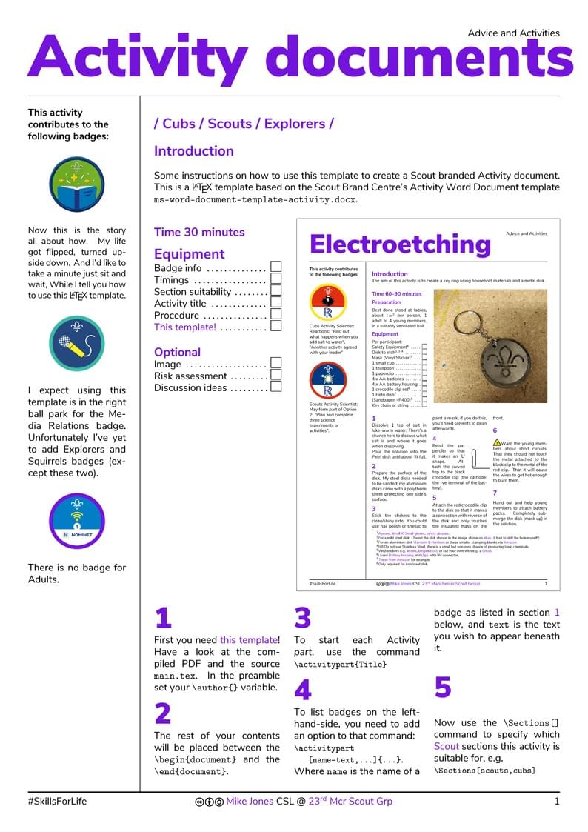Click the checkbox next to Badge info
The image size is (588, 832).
(275, 267)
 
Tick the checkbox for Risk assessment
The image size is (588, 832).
(275, 376)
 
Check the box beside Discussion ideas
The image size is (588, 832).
(275, 387)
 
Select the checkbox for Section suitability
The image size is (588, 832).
(275, 291)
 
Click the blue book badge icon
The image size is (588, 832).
(72, 184)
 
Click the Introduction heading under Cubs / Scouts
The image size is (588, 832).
(193, 151)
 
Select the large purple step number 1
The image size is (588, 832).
(163, 618)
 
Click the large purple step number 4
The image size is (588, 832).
(303, 690)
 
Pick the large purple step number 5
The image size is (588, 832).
(443, 688)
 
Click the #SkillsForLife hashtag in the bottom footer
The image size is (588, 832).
(57, 801)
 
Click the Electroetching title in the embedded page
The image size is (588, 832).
(400, 244)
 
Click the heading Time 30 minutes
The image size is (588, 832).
(198, 232)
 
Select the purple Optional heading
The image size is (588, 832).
(177, 352)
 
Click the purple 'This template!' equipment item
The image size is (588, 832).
(185, 327)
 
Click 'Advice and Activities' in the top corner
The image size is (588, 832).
(513, 33)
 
